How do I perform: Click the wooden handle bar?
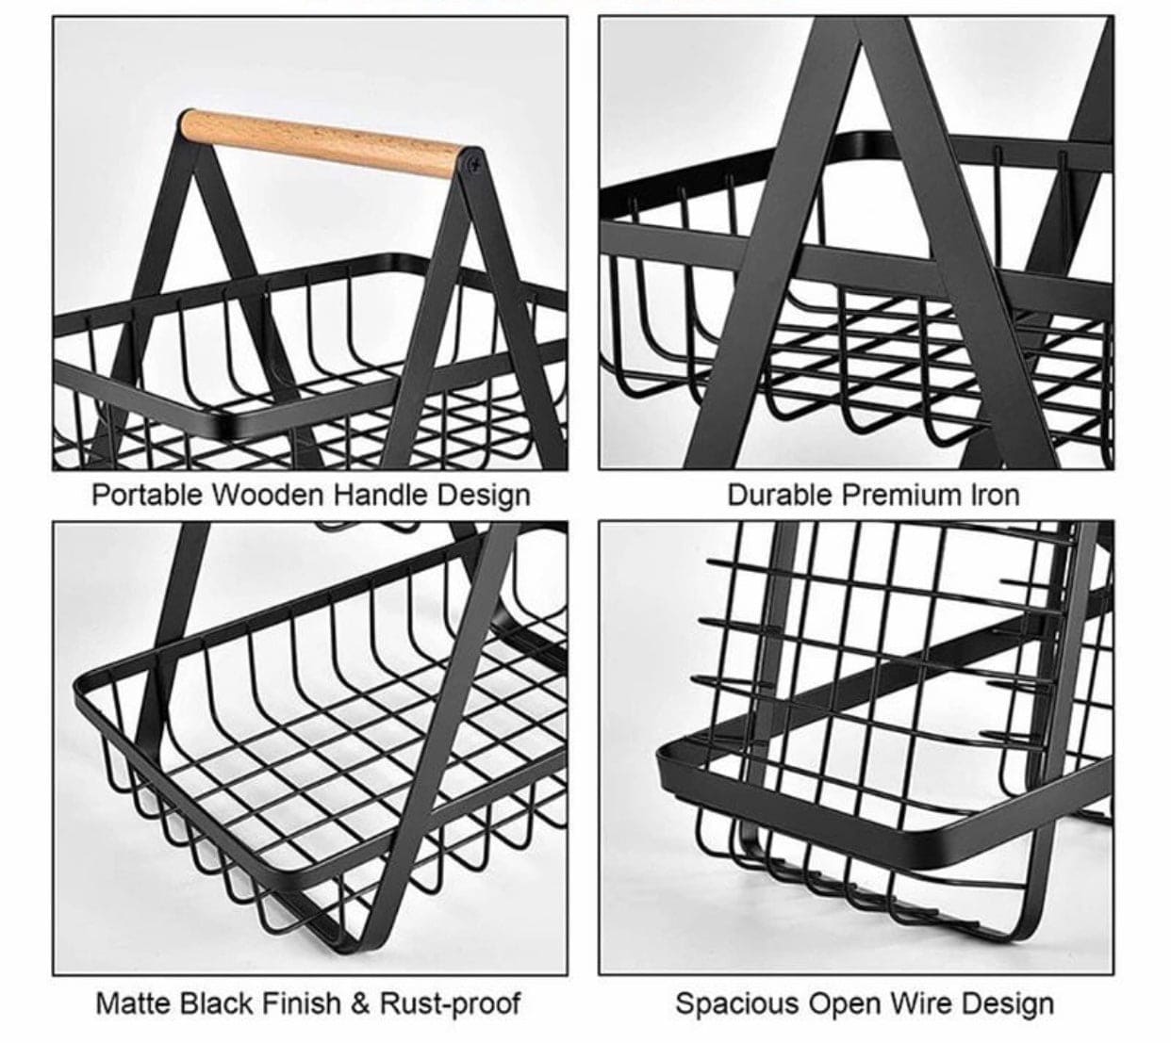[325, 141]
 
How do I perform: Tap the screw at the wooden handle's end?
[472, 166]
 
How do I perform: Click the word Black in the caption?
[209, 1003]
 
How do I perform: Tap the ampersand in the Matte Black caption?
[360, 1003]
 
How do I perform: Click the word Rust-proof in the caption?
[450, 1003]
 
